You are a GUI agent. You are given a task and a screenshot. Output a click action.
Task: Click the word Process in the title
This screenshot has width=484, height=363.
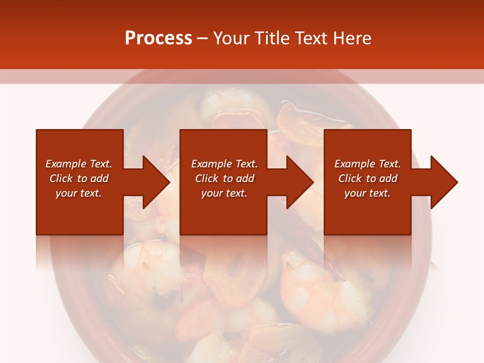158,38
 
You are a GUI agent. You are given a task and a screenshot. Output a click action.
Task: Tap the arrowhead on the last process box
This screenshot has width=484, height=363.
443,182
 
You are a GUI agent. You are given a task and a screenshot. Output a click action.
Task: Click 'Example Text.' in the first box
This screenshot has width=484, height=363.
79,164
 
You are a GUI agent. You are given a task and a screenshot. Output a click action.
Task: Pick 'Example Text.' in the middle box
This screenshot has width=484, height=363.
224,164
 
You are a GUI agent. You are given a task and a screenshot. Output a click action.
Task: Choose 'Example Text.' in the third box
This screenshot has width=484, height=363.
368,164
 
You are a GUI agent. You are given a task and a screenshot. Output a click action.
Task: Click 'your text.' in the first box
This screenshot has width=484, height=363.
79,193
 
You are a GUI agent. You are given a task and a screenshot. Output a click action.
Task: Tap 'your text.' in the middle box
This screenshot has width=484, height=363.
224,193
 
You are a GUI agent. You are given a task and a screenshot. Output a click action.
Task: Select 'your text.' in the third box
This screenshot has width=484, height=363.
368,193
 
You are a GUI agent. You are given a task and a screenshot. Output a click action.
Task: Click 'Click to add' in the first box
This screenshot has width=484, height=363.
79,178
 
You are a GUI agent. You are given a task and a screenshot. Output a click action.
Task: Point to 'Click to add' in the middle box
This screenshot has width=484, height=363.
224,178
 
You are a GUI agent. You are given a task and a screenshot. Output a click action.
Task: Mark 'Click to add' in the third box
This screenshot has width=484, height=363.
368,178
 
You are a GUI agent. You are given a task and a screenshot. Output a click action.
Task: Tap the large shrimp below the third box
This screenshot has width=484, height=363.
323,287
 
